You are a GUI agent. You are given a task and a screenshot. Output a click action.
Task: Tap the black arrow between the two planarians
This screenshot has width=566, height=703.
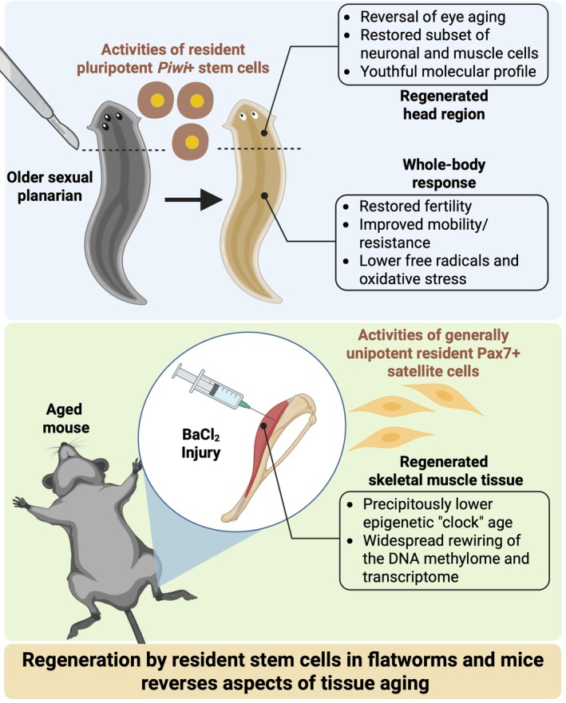[193, 199]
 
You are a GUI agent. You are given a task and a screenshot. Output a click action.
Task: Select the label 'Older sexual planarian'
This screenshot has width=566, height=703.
[49, 187]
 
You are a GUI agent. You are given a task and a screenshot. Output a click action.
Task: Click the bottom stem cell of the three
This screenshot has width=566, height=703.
[191, 142]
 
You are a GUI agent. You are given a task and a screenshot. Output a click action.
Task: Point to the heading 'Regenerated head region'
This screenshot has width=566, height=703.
[444, 105]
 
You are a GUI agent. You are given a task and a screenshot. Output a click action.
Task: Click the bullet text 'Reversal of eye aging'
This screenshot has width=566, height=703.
[433, 17]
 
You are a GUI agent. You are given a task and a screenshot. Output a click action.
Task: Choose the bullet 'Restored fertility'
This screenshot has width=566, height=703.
[415, 206]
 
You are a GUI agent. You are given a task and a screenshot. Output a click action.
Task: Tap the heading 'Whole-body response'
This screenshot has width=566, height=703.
[444, 173]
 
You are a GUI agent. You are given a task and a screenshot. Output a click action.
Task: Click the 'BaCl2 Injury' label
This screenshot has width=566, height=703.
[200, 444]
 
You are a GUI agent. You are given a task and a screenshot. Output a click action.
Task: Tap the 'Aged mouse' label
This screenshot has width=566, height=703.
[66, 418]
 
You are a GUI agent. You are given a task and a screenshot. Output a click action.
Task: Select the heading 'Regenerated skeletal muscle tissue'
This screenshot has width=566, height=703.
[445, 471]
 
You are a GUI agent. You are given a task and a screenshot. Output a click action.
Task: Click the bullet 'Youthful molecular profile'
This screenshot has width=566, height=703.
[448, 72]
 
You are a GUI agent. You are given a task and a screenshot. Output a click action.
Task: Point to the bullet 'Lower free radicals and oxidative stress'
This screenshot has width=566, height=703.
[438, 270]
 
